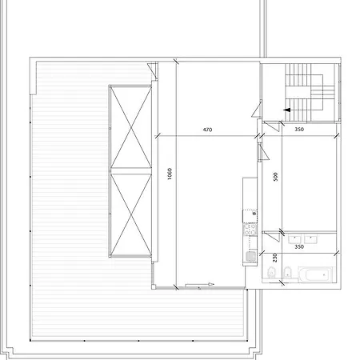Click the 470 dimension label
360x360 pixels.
207,130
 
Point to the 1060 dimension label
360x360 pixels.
170,174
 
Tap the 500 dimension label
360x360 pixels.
275,177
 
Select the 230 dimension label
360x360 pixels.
275,258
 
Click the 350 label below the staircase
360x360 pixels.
299,130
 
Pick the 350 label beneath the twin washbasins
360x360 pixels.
299,247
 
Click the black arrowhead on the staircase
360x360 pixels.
286,110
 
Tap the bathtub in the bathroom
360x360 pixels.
315,274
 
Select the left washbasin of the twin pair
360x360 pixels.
294,238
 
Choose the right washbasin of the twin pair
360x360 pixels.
310,238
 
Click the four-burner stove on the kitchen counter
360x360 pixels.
250,230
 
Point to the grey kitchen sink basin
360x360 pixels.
250,256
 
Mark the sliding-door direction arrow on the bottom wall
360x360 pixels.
199,284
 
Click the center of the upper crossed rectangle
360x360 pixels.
131,127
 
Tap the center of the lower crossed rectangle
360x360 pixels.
131,214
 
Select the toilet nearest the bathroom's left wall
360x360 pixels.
271,272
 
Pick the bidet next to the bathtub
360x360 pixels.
287,272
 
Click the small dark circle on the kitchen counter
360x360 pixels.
254,214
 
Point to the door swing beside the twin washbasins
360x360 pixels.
271,237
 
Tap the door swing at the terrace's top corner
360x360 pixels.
153,70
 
